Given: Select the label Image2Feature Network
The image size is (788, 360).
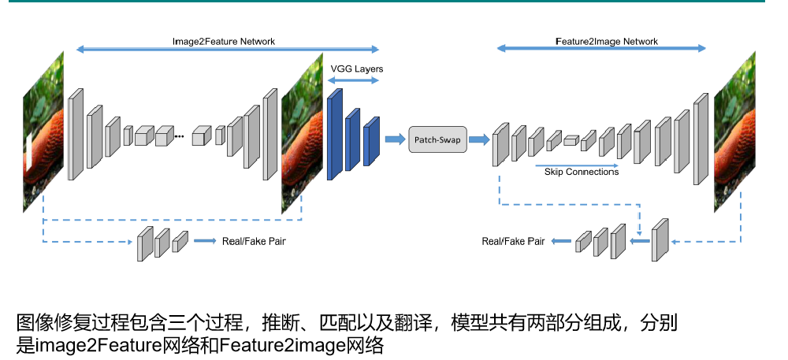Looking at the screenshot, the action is point(224,41).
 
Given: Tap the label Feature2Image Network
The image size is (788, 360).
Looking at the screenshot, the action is point(607,41).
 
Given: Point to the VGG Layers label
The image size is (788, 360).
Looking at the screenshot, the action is point(357,69).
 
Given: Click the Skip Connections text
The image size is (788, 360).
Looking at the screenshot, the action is point(582,172).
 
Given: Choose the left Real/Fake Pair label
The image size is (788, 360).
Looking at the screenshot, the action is point(254,241).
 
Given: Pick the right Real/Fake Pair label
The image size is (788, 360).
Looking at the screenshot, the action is point(513,242).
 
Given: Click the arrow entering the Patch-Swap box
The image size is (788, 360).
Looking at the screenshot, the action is point(395,139).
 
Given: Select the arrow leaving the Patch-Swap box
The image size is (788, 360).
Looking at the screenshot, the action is point(479,139).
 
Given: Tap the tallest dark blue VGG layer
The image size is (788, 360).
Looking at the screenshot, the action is point(334,135).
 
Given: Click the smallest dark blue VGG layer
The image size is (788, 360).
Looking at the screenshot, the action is point(371,141).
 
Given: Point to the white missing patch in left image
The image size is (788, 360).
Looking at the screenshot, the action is point(28,150).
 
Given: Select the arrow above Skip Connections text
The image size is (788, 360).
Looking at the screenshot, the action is point(578,165).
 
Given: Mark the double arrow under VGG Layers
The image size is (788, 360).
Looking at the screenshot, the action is point(355,80).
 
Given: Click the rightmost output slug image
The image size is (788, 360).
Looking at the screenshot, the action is point(734,132).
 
